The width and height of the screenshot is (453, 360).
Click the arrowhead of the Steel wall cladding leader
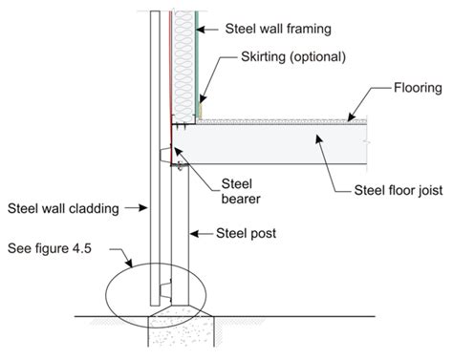click(144, 206)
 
